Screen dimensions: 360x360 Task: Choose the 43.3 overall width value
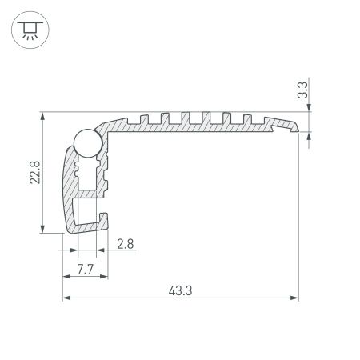click(x=180, y=290)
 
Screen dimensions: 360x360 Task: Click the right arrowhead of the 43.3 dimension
click(x=294, y=298)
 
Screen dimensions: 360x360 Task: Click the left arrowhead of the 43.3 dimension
click(x=66, y=298)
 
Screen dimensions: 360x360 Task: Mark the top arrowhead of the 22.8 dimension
click(x=42, y=116)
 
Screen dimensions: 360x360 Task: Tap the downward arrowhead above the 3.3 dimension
click(x=310, y=110)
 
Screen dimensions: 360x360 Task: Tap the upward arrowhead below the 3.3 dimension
click(x=310, y=137)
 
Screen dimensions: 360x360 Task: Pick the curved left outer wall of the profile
click(x=65, y=184)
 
